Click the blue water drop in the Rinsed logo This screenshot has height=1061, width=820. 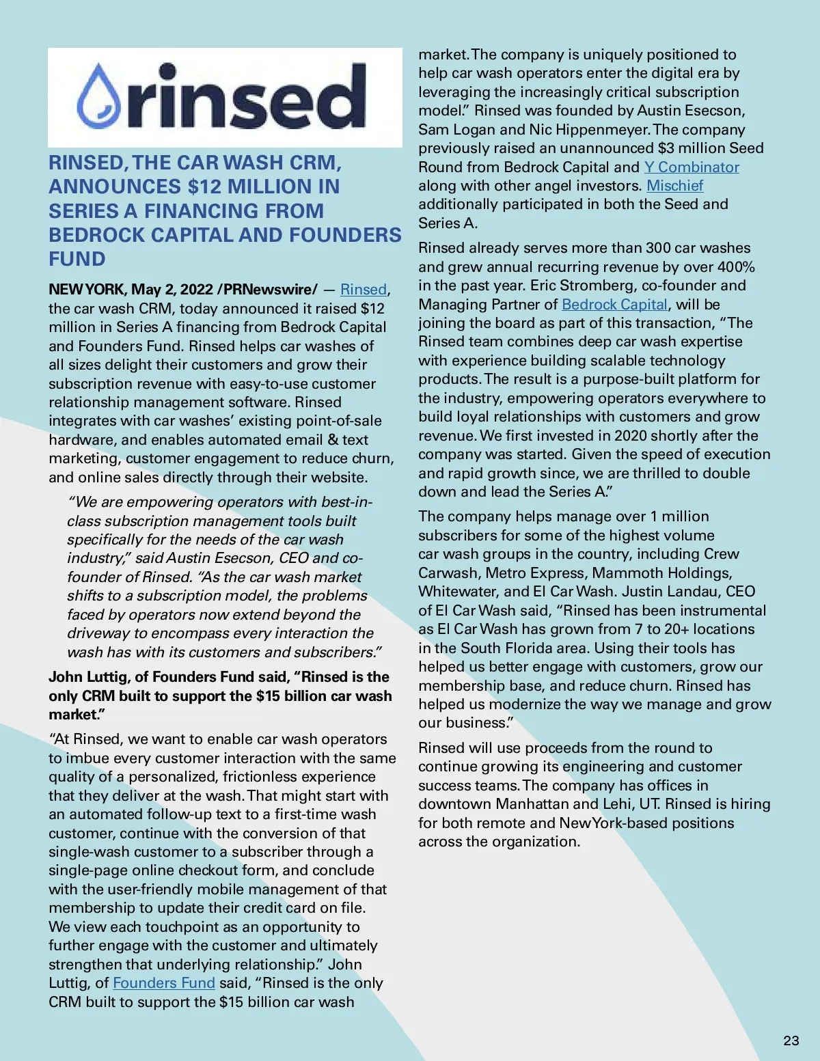coord(102,96)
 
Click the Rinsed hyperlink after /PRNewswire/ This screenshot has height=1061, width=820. coord(364,290)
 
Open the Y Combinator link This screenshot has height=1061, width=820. coord(692,167)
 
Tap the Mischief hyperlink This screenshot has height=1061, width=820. coord(674,186)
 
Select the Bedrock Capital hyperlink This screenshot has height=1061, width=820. coord(614,305)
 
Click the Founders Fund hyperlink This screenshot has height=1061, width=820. coord(164,983)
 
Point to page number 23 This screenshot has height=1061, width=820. coord(791,1041)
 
